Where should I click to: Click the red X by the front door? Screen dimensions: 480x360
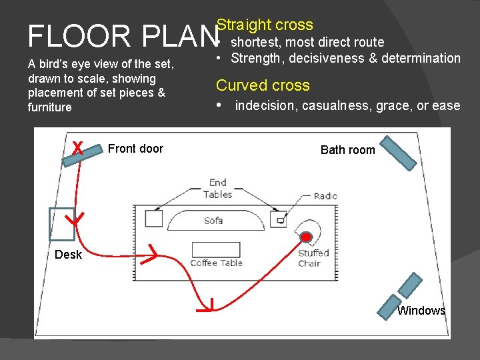(78, 148)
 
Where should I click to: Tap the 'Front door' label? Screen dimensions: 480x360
(135, 149)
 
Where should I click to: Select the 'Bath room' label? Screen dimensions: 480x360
(347, 150)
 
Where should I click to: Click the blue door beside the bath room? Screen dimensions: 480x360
(399, 151)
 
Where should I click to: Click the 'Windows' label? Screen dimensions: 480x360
(421, 311)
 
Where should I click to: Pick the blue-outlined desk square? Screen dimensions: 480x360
(62, 223)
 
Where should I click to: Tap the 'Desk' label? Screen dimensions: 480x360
(68, 255)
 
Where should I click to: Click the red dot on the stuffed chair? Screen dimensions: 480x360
(306, 237)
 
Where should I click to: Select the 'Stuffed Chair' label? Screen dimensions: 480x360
(313, 257)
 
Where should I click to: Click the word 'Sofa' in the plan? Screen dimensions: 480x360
(213, 220)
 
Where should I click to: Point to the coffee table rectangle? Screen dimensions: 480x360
(215, 249)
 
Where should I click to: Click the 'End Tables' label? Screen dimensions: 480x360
(217, 188)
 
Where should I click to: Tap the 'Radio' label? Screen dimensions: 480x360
(325, 196)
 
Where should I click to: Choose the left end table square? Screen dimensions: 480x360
(153, 218)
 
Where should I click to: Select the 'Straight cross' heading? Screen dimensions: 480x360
(265, 25)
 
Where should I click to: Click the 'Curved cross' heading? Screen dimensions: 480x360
(263, 85)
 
